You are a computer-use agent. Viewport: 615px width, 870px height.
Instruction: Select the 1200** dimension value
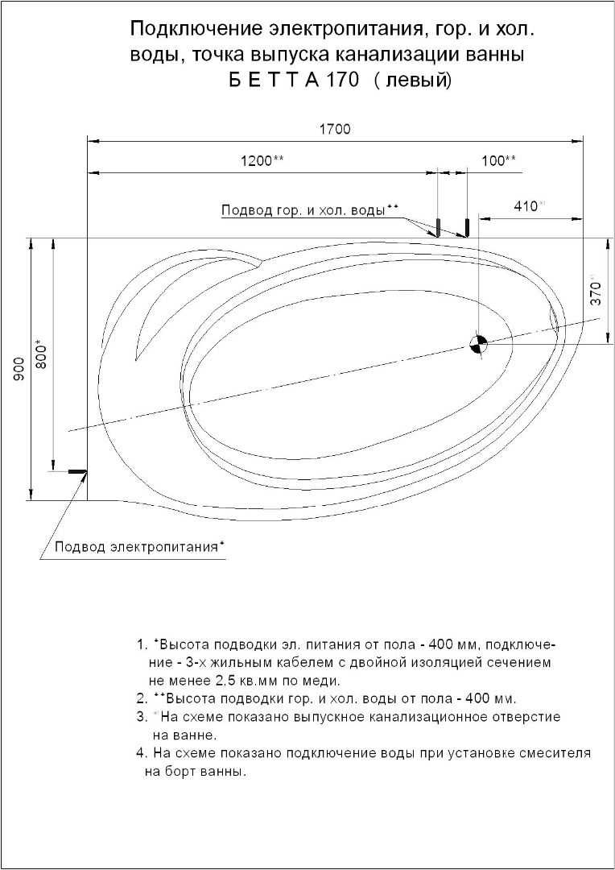point(262,160)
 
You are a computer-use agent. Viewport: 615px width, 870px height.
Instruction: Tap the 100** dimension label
point(499,160)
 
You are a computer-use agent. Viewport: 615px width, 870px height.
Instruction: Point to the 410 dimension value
point(528,206)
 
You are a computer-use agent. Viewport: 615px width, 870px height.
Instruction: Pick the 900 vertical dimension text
point(19,368)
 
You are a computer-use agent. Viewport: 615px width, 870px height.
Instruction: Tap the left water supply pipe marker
point(437,226)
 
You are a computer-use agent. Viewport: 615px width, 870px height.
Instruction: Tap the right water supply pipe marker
point(466,226)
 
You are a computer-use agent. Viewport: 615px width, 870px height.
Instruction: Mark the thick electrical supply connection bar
point(76,471)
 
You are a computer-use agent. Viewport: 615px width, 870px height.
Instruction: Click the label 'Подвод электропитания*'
point(139,548)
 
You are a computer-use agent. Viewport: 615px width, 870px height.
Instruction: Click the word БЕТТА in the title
point(270,81)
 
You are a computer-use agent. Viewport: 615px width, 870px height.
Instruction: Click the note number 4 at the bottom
point(140,754)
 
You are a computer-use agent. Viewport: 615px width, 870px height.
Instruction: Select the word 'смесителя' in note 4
point(558,754)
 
